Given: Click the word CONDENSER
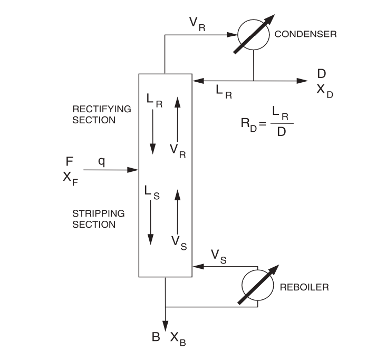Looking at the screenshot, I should [x=306, y=34].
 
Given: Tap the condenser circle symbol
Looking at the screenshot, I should [x=254, y=36].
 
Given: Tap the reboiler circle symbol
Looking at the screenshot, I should [x=258, y=287].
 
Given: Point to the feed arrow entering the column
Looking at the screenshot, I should [x=110, y=170].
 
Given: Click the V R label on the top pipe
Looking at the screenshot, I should [x=197, y=24].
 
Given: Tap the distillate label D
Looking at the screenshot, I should [x=322, y=74].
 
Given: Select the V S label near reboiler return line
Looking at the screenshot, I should [x=219, y=256].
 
